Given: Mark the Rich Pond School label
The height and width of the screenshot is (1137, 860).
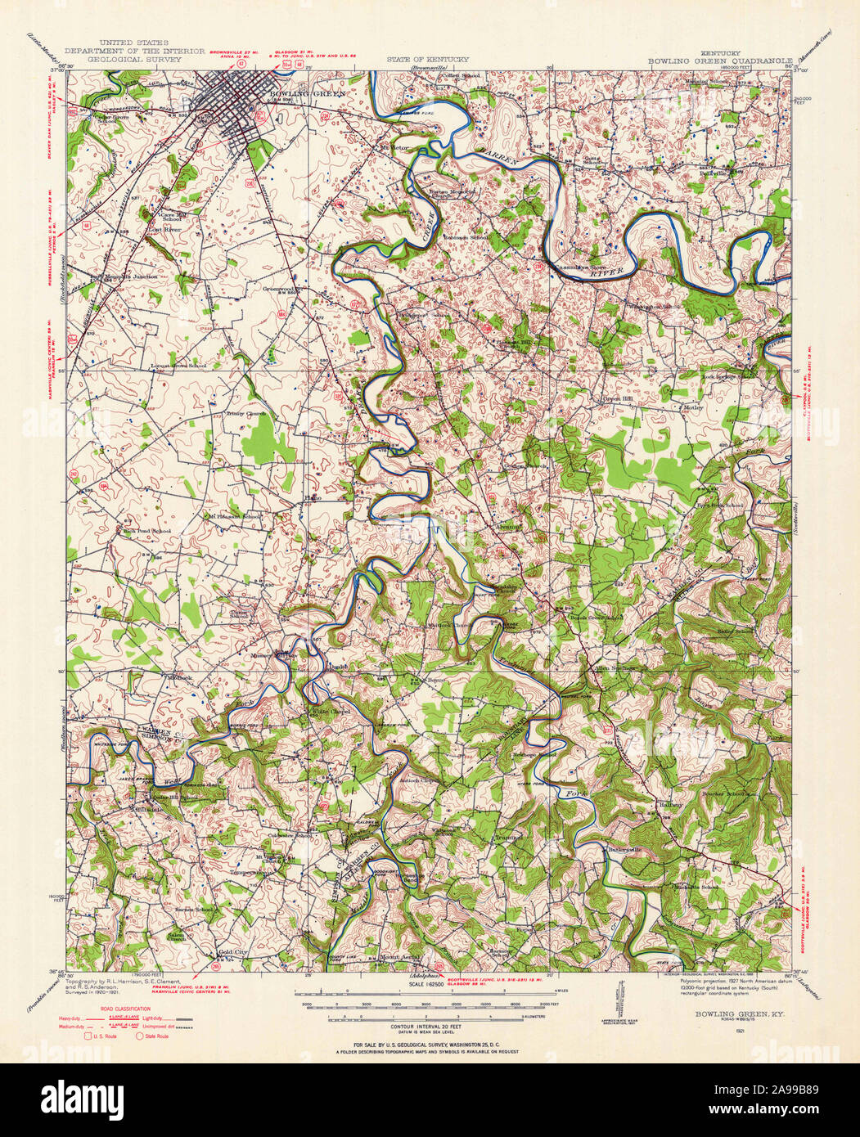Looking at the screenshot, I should (147, 531).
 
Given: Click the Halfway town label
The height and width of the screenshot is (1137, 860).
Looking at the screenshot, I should (670, 805).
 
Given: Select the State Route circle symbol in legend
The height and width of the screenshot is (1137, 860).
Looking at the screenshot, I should (139, 1036).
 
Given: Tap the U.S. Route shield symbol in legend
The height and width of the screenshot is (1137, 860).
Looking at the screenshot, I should (88, 1036).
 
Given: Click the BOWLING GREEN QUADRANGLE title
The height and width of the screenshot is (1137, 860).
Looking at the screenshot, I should (721, 60).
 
